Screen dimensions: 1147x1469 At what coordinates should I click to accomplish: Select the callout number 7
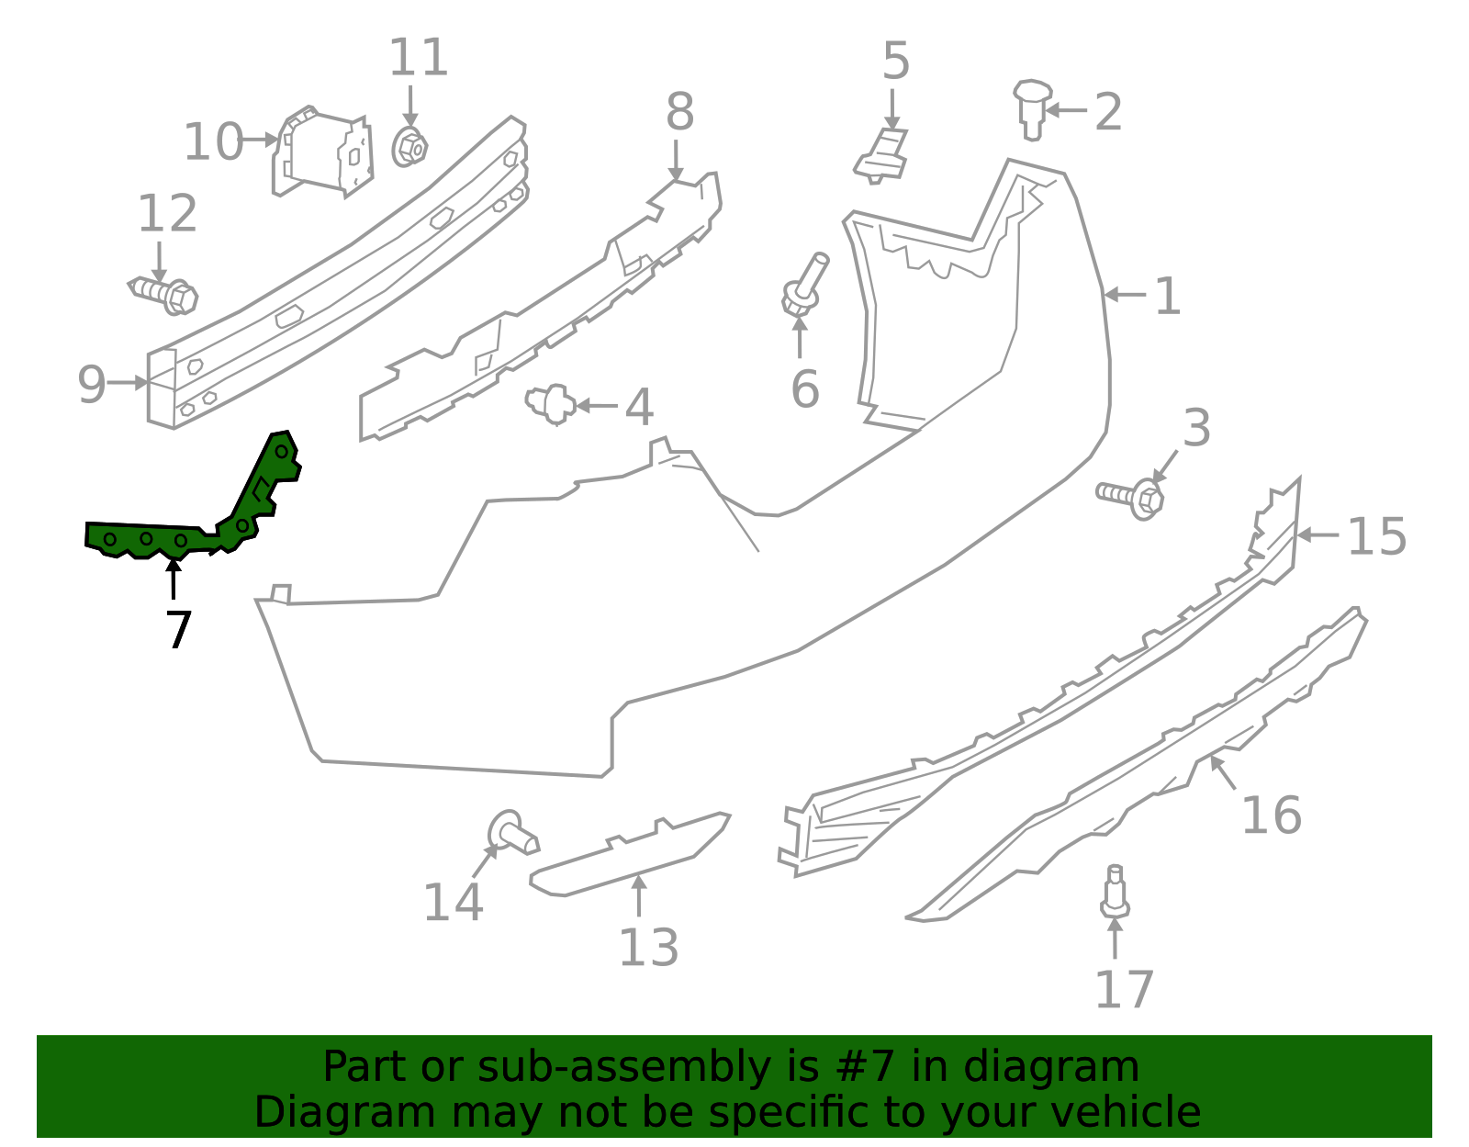[x=178, y=631]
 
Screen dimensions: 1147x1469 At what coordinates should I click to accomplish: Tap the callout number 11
[x=419, y=59]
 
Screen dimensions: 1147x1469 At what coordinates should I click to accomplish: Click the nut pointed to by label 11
[x=409, y=147]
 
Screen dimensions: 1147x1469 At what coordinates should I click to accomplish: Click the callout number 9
[x=91, y=384]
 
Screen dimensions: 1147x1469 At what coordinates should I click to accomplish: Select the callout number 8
[x=679, y=113]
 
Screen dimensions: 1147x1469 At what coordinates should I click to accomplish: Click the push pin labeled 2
[x=1033, y=107]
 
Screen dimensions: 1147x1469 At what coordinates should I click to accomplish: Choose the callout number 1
[x=1167, y=297]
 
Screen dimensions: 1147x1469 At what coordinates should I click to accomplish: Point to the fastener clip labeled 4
[x=551, y=403]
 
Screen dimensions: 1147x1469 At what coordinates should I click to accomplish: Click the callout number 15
[x=1376, y=536]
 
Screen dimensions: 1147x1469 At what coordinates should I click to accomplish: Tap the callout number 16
[x=1271, y=815]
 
